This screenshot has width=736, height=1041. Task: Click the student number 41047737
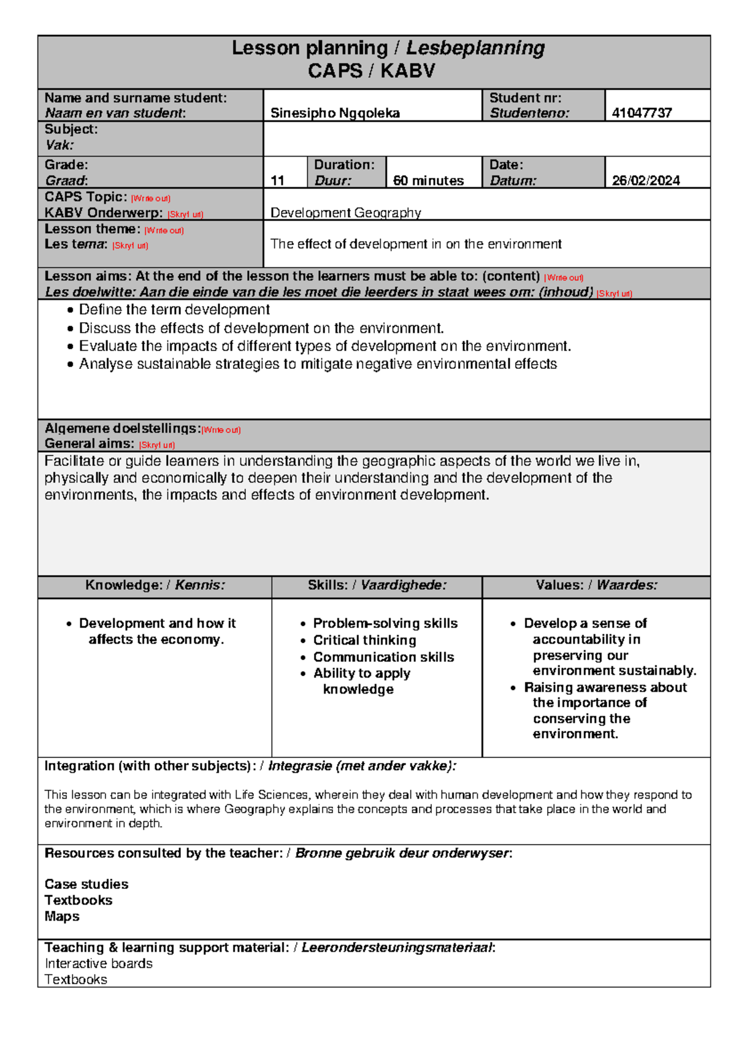click(x=642, y=112)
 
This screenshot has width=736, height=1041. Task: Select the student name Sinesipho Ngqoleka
click(x=335, y=113)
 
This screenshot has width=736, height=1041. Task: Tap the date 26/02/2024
click(x=646, y=180)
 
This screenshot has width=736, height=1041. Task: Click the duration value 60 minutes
click(x=428, y=180)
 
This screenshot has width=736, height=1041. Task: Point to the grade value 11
click(x=277, y=180)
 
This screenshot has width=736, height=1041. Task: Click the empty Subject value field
click(x=486, y=139)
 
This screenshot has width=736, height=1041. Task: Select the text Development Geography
click(x=345, y=212)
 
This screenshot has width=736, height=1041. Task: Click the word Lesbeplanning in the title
click(x=475, y=48)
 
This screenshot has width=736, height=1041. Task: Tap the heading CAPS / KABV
click(x=371, y=71)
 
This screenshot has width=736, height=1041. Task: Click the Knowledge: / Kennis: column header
click(x=155, y=585)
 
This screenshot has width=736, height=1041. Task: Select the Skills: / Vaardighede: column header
click(x=377, y=585)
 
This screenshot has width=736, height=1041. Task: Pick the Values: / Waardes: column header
click(x=596, y=585)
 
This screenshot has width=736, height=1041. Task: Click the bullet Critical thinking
click(x=364, y=640)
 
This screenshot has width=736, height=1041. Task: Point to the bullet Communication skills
click(x=383, y=657)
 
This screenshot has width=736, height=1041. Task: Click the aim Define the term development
click(x=174, y=310)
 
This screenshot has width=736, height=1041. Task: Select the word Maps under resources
click(x=62, y=916)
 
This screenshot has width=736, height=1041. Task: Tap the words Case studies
click(x=86, y=884)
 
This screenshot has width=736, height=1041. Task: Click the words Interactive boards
click(x=98, y=964)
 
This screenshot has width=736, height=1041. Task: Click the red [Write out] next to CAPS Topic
click(x=150, y=199)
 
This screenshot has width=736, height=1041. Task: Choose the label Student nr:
click(x=525, y=98)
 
